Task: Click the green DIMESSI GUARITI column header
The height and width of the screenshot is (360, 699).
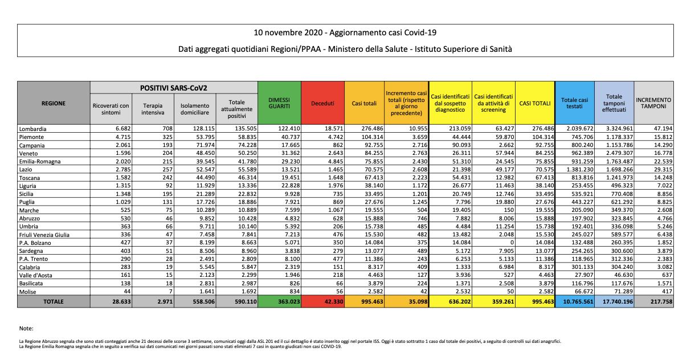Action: click(279, 103)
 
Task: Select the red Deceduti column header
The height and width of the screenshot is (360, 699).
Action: click(322, 103)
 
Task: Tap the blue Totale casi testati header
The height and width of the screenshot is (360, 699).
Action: click(574, 103)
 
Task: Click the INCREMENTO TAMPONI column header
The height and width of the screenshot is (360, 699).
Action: click(653, 103)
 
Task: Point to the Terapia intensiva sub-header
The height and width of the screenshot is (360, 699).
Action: click(153, 109)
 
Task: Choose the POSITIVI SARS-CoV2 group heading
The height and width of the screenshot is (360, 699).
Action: click(174, 88)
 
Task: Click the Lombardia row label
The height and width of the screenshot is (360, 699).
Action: click(32, 129)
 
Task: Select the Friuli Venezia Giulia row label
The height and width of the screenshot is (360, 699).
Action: click(44, 235)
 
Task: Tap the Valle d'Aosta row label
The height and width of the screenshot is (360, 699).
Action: click(35, 275)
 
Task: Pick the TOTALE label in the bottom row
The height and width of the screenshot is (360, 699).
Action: click(54, 302)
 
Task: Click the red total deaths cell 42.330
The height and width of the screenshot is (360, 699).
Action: click(322, 302)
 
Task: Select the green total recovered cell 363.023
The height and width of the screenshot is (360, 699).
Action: click(279, 302)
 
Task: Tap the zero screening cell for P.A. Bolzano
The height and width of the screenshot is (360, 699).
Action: click(512, 243)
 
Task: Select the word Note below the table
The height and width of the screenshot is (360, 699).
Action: click(26, 328)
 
